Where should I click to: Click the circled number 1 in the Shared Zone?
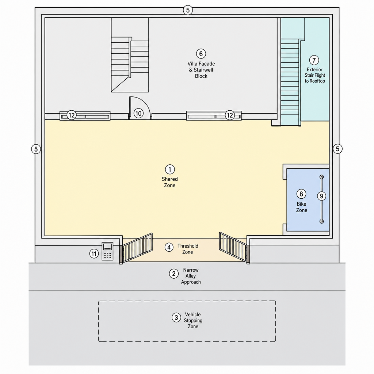pyautogui.click(x=170, y=169)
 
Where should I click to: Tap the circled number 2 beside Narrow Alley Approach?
pyautogui.click(x=173, y=274)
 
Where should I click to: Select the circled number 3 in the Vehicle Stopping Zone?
pyautogui.click(x=176, y=317)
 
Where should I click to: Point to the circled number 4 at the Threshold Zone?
pyautogui.click(x=169, y=247)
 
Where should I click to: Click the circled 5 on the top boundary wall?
pyautogui.click(x=188, y=10)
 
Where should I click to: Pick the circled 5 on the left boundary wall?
pyautogui.click(x=36, y=149)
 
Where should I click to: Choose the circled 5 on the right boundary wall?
pyautogui.click(x=337, y=149)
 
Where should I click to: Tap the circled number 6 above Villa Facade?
pyautogui.click(x=201, y=54)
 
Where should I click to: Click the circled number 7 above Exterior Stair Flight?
pyautogui.click(x=314, y=60)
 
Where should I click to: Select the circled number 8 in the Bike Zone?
pyautogui.click(x=301, y=194)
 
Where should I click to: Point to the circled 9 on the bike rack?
pyautogui.click(x=321, y=196)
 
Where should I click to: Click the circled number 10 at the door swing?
pyautogui.click(x=138, y=113)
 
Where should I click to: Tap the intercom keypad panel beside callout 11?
pyautogui.click(x=108, y=251)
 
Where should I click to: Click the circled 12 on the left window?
pyautogui.click(x=71, y=115)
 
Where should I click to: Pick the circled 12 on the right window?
pyautogui.click(x=229, y=115)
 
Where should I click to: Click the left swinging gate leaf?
pyautogui.click(x=137, y=248)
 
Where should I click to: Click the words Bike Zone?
pyautogui.click(x=301, y=207)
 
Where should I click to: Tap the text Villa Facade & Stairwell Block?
pyautogui.click(x=201, y=70)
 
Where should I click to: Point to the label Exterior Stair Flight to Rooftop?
pyautogui.click(x=314, y=75)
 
